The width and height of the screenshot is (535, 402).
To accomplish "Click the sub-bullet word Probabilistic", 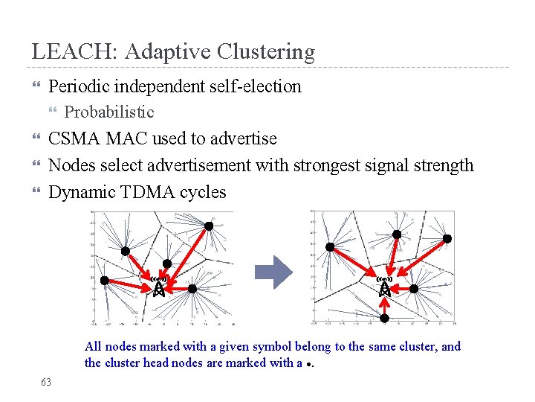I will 109,112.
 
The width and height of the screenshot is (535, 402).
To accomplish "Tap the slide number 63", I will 46,382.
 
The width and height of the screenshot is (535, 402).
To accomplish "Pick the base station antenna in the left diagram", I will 158,287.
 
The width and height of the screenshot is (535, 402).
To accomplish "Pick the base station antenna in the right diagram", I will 385,287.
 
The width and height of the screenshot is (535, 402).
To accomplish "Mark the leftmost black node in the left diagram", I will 105,281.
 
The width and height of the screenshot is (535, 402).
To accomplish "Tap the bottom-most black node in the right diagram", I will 384,318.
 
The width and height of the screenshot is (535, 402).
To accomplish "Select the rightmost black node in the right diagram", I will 447,238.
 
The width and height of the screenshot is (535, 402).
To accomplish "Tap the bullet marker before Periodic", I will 35,87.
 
